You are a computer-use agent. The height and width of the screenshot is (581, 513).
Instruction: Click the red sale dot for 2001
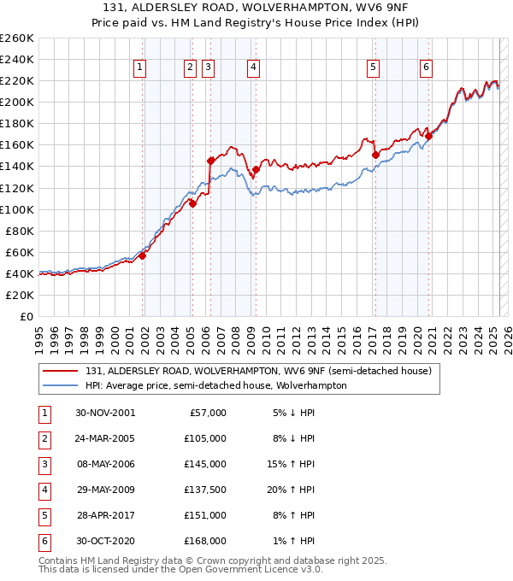(143, 255)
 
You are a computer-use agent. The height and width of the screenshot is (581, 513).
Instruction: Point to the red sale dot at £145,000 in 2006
(210, 160)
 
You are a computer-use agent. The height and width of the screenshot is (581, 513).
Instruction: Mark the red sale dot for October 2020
(429, 136)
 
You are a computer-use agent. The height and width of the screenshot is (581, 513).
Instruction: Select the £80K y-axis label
(20, 231)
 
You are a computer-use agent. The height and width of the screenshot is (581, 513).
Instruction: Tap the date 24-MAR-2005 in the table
(105, 438)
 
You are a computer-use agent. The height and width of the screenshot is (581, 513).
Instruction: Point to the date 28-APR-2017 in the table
(105, 515)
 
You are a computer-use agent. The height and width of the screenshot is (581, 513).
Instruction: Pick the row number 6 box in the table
(45, 541)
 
